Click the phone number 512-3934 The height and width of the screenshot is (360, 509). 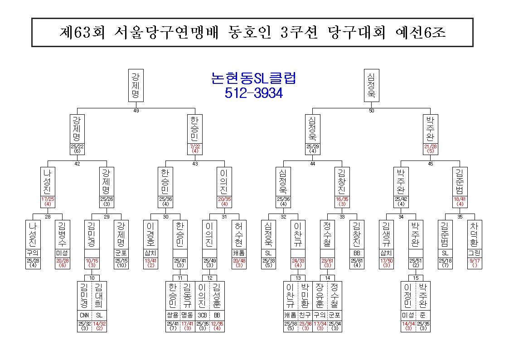[x=253, y=93]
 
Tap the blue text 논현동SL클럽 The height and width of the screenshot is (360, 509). [x=253, y=78]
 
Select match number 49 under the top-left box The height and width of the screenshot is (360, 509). [x=136, y=111]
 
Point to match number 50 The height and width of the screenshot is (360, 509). [x=372, y=111]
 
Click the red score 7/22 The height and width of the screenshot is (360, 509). [x=195, y=146]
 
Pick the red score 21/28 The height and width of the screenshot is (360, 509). [x=431, y=146]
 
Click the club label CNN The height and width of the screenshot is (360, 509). [x=84, y=315]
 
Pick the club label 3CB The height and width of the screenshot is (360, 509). [x=202, y=315]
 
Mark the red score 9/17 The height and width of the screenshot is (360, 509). [x=475, y=261]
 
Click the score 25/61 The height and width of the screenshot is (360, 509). [x=357, y=261]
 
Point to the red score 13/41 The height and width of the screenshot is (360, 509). [x=150, y=261]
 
